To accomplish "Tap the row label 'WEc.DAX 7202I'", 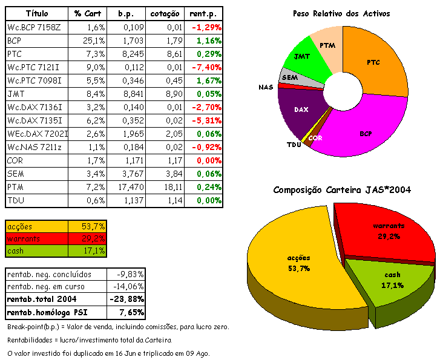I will (38, 134).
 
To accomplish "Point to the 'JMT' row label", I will (15, 94).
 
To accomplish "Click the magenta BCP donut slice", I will (363, 130).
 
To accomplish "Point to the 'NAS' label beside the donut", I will (266, 87).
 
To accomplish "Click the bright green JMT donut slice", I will (303, 57).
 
